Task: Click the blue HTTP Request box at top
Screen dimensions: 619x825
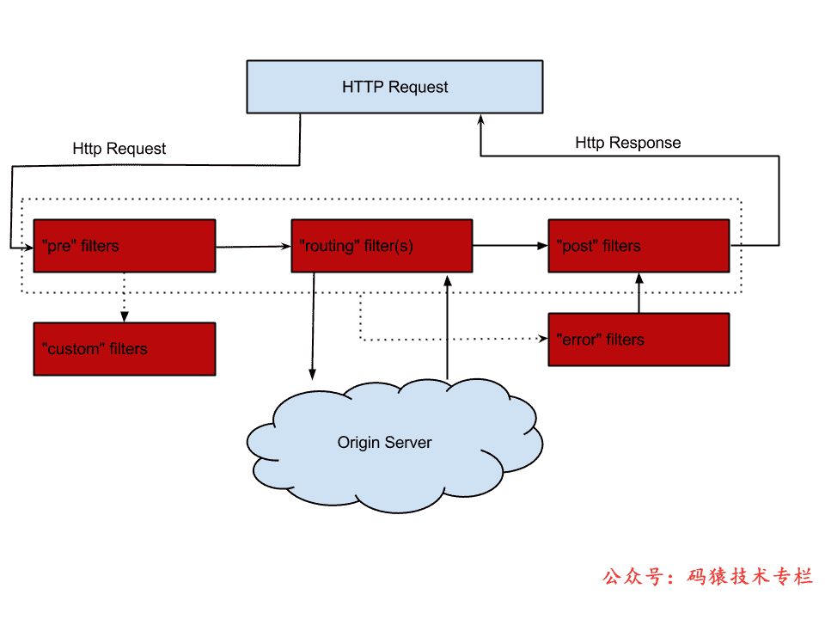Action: coord(394,87)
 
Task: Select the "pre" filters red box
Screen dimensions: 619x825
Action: coord(124,246)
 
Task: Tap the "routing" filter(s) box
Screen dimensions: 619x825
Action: coord(382,246)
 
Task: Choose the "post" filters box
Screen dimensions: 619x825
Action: coord(639,246)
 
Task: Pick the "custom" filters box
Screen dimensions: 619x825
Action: coord(124,349)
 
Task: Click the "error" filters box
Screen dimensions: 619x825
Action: coord(639,340)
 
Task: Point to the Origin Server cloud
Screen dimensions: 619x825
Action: coord(394,447)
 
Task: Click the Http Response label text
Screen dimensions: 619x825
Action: coord(627,143)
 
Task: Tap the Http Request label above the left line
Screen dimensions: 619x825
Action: coord(119,149)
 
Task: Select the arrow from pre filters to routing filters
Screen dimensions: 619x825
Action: coord(254,247)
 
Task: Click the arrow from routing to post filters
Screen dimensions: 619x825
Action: coord(510,246)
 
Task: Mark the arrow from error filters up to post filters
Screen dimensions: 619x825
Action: coord(639,292)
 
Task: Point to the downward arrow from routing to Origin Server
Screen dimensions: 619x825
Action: coord(313,327)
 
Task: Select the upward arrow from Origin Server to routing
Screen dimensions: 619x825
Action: coord(447,327)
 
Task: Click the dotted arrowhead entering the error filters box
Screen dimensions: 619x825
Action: coord(542,339)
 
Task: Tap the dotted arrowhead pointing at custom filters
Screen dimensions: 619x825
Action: coord(125,317)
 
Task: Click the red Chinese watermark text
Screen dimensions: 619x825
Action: coord(708,577)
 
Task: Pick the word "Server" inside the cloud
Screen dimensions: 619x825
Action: coord(408,443)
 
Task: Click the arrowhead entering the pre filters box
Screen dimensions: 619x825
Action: coord(27,247)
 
